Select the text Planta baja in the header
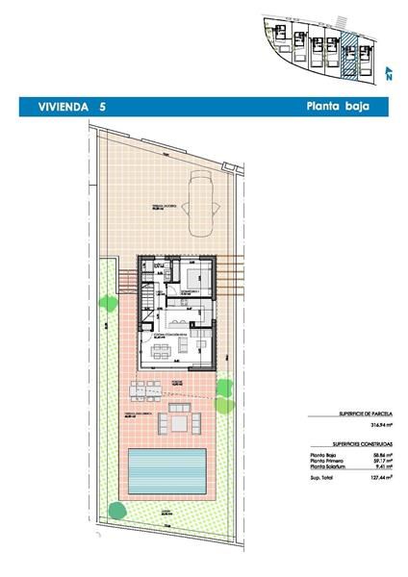tap(338, 108)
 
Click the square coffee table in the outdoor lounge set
tap(179, 422)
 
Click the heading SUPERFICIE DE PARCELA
tap(342, 412)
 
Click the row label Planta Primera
tap(325, 461)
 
